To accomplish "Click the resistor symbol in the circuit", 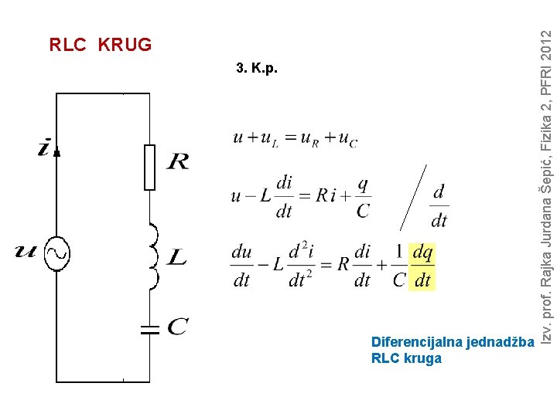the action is pos(149,167).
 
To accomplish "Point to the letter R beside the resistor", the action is pos(177,161).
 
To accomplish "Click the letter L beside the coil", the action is pos(177,257).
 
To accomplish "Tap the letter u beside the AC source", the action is pos(26,250).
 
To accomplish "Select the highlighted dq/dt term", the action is pos(422,266).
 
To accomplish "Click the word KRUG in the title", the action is pos(125,45).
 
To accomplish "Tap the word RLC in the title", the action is pos(67,45).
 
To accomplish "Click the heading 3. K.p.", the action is pos(255,69).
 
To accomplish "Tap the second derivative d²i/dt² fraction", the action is pos(298,266).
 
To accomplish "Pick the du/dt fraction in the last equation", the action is pos(241,266).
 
